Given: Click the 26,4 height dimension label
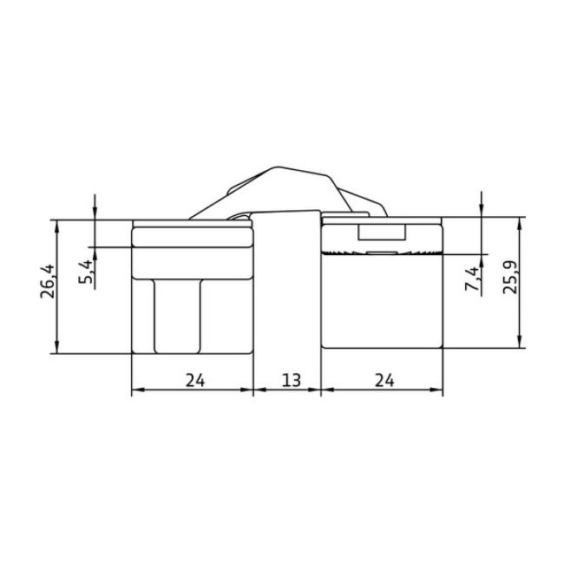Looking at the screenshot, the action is [48, 281].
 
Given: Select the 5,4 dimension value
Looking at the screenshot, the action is [86, 272].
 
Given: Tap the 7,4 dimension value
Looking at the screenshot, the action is [473, 279].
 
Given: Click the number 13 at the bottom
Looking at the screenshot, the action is [291, 380].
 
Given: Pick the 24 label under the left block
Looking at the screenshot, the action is [195, 380].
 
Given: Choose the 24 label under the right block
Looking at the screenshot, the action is [384, 380].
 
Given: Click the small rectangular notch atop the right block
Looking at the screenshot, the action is [382, 233].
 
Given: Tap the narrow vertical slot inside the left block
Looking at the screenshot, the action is [177, 316].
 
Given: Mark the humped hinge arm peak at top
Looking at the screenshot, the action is [276, 167].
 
